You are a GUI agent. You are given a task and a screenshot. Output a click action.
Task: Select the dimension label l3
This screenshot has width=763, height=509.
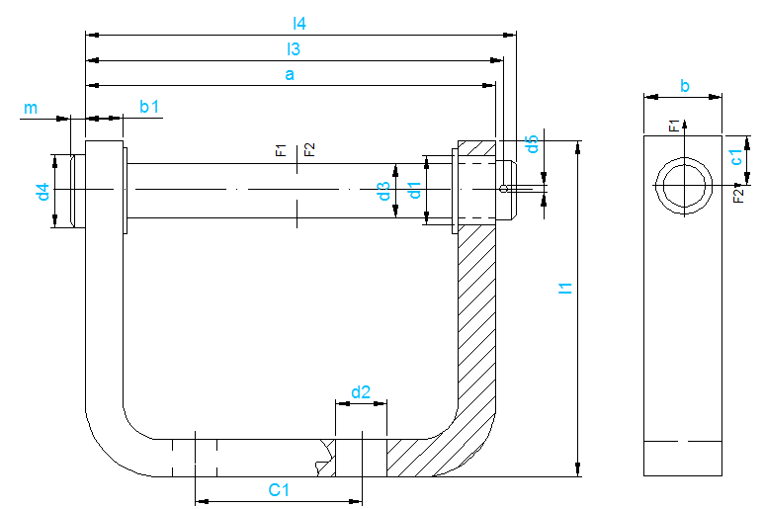(294, 47)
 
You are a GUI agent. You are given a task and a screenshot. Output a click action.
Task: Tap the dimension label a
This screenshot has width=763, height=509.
(290, 74)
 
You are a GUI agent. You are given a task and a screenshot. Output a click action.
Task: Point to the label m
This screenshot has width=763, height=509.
(31, 108)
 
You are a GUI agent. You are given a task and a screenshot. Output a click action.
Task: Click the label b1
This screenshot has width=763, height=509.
(149, 107)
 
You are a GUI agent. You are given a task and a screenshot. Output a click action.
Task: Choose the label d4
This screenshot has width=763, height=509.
(42, 192)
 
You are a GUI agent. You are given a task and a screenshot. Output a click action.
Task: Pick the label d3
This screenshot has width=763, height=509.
(383, 192)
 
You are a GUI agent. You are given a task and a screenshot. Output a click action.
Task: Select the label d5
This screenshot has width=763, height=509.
(532, 143)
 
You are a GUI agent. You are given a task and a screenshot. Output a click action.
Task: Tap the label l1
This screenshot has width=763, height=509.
(565, 289)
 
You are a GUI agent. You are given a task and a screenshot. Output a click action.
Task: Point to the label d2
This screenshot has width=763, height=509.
(360, 392)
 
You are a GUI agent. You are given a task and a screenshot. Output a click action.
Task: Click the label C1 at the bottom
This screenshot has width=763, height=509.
(280, 490)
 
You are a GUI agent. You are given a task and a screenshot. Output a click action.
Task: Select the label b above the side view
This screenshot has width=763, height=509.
(684, 86)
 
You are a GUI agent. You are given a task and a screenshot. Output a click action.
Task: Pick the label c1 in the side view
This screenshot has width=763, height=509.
(735, 156)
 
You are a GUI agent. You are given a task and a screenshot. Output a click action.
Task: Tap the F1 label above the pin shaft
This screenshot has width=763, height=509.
(281, 150)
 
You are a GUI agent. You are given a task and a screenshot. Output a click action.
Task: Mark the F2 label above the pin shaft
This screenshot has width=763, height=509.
(309, 149)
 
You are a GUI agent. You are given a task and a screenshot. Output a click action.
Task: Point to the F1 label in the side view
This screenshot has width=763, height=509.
(674, 125)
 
